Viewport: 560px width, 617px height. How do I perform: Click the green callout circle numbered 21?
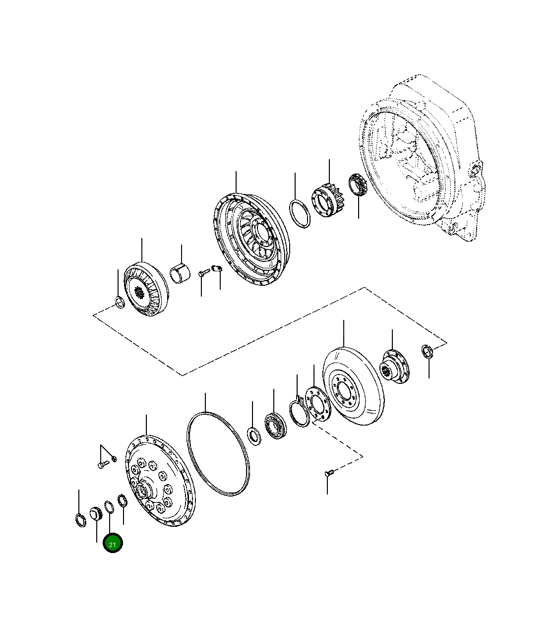113,544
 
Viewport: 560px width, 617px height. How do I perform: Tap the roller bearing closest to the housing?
357,185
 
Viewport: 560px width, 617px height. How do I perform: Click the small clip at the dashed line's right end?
428,351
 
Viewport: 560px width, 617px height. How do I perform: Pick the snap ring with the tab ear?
299,411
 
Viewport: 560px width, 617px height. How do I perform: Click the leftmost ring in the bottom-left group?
80,519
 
